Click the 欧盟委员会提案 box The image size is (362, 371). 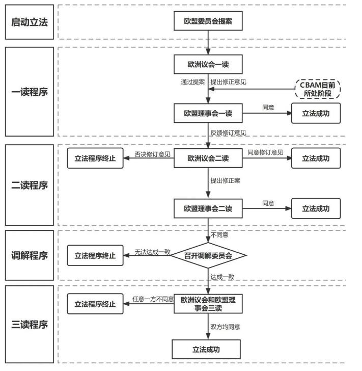pos(208,22)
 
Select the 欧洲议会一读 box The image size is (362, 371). pos(208,64)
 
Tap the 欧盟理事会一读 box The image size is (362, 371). pos(208,113)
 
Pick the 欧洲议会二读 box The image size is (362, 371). pos(208,158)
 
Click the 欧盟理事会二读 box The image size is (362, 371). pos(208,208)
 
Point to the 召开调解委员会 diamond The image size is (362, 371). pos(208,255)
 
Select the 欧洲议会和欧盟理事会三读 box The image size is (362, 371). pos(208,304)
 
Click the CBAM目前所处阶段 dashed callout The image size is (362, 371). pos(317,90)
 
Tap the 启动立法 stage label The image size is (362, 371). pos(30,22)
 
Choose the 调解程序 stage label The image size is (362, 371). pos(30,255)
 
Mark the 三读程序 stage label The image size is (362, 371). pos(30,324)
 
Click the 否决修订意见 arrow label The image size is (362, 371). pos(152,153)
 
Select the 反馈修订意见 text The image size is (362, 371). pos(228,134)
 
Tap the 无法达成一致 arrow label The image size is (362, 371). pos(152,252)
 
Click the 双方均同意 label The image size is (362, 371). pos(225,327)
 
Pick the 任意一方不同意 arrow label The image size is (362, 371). pos(152,299)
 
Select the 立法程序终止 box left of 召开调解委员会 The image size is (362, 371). pos(95,255)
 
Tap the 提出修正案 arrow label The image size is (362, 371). pos(225,181)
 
